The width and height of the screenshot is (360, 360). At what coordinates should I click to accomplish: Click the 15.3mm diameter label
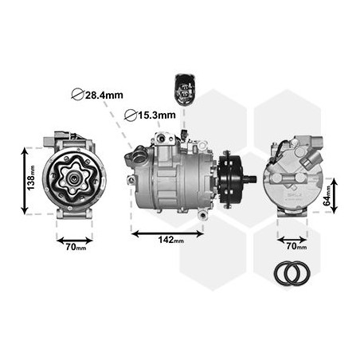coord(157,115)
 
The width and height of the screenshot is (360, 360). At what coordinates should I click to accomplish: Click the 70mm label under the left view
coord(76,247)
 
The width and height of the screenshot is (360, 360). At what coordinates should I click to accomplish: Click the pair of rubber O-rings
coord(291,273)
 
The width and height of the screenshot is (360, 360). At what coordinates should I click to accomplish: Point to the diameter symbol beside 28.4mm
coord(76,95)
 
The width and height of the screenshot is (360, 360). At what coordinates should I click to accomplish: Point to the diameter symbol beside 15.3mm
coord(131,115)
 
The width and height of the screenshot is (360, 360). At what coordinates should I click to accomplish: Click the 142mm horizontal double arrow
coord(166,233)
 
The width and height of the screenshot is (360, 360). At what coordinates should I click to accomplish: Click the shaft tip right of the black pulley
coord(252,179)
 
